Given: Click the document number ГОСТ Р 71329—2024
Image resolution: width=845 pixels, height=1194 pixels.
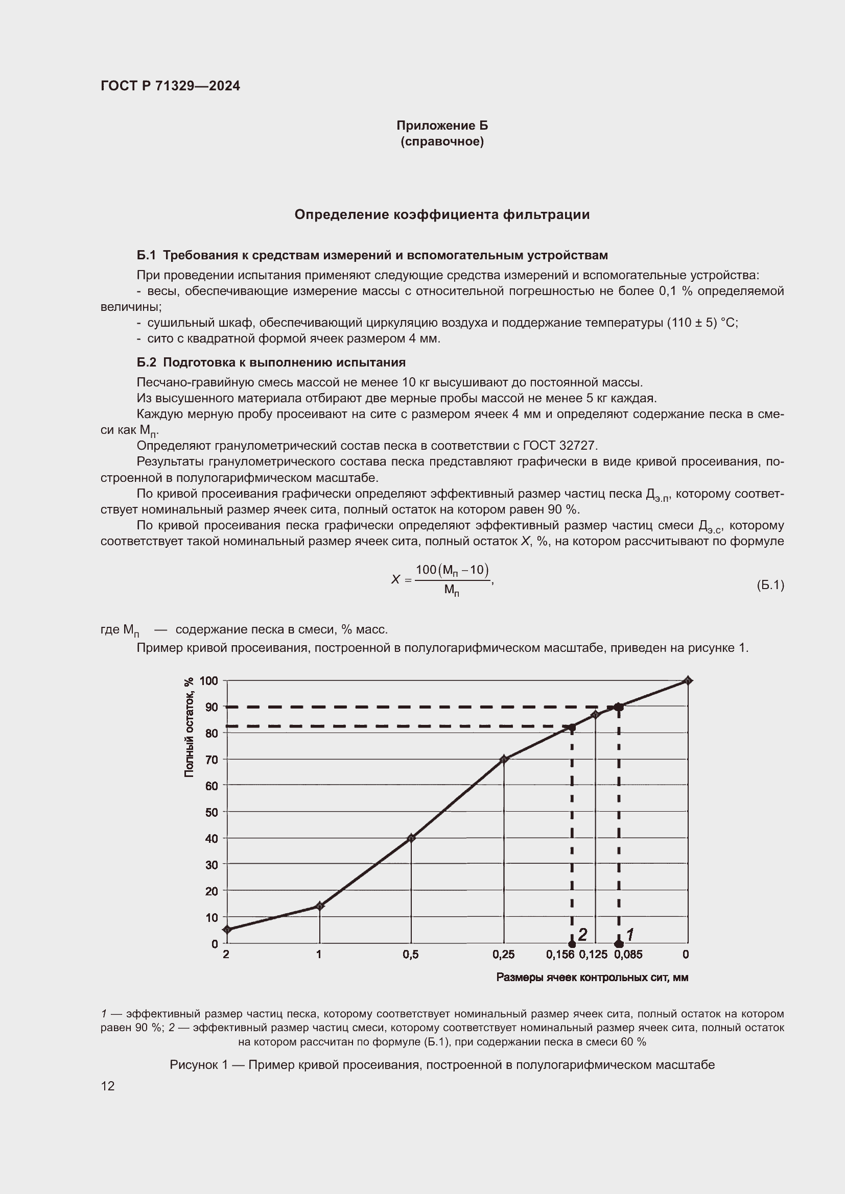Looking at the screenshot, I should click(x=170, y=86).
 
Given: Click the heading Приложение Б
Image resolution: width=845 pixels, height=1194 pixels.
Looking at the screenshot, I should click(x=442, y=126).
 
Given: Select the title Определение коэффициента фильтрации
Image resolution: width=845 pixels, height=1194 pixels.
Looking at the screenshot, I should click(x=442, y=214).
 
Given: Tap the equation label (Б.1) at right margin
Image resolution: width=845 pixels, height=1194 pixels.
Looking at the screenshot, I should click(x=770, y=585).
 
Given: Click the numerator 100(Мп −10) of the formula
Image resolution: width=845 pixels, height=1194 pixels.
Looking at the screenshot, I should click(x=452, y=570).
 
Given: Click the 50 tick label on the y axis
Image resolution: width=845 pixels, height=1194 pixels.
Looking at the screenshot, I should click(x=212, y=812).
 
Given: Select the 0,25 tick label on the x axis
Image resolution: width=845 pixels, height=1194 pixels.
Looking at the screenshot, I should click(x=503, y=954).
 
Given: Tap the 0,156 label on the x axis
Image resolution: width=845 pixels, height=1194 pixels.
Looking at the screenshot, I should click(x=560, y=954).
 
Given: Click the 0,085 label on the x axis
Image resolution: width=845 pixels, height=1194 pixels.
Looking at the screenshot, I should click(x=628, y=954).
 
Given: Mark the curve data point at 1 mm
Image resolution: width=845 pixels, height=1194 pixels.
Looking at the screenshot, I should click(x=319, y=906).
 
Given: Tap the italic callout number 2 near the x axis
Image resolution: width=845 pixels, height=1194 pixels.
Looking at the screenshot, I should click(x=582, y=935).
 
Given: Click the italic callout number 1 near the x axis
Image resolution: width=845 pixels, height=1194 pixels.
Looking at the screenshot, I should click(x=629, y=935).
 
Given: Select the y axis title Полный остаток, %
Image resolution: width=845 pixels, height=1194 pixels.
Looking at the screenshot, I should click(x=189, y=727).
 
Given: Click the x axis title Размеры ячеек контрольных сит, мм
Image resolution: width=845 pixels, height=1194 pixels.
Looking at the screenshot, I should click(x=592, y=977).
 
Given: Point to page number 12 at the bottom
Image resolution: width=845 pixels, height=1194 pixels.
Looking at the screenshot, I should click(x=108, y=1086).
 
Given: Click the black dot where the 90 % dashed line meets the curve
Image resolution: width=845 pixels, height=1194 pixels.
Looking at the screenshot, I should click(x=619, y=706).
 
